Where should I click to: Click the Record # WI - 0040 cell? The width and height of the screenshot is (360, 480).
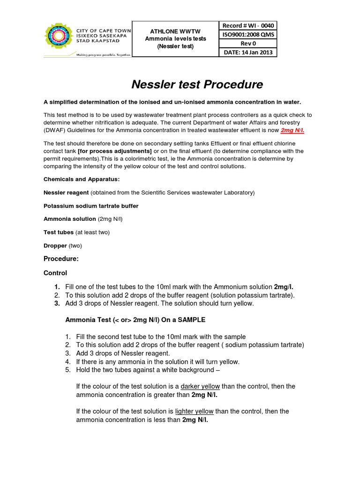(248, 26)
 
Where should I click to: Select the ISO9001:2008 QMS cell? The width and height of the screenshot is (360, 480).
(248, 34)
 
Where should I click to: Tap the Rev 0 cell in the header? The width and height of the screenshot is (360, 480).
(248, 43)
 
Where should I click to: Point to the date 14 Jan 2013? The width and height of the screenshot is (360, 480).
(248, 52)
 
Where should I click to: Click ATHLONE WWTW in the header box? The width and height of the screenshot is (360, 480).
(175, 30)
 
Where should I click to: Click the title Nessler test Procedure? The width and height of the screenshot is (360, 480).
(196, 84)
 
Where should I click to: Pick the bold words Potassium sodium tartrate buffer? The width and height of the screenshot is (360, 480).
(91, 206)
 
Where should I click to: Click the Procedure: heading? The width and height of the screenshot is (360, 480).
(61, 259)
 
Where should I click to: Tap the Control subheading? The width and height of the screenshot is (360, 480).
(55, 273)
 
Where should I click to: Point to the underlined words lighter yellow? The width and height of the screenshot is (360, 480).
(194, 411)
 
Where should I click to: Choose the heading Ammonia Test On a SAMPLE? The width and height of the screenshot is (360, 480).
(135, 320)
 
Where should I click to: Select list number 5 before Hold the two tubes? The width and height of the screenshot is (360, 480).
(67, 369)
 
